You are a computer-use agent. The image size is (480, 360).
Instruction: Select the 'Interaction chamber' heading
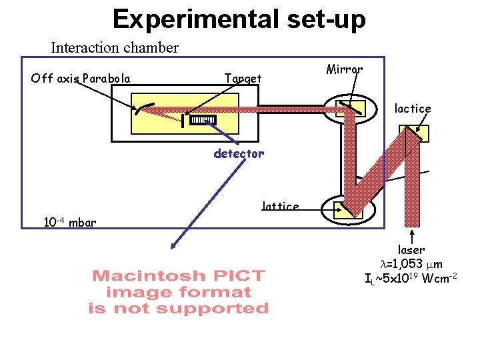115,48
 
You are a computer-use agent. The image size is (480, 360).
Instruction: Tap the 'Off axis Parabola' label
81,79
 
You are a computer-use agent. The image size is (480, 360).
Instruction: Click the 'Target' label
243,79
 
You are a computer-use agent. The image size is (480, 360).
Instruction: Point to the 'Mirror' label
345,69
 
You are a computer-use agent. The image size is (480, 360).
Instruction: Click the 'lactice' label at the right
413,108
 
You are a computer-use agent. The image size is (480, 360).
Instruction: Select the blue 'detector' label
239,153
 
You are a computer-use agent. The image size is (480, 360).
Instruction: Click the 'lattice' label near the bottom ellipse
281,206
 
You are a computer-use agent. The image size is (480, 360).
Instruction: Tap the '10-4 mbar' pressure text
69,222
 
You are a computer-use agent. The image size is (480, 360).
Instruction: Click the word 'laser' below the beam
411,250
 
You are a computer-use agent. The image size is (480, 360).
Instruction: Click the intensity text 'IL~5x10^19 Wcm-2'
411,277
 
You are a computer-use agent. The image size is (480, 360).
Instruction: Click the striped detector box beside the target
203,120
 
